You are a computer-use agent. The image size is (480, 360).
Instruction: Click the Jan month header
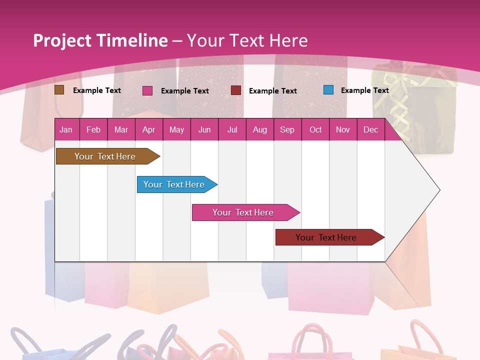click(x=66, y=129)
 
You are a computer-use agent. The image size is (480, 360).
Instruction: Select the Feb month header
click(x=93, y=129)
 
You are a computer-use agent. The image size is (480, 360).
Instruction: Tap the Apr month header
click(x=148, y=129)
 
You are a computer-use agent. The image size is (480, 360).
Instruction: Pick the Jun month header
click(x=204, y=129)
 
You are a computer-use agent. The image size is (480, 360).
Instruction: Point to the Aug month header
click(x=259, y=129)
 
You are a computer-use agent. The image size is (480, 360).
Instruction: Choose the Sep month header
click(x=287, y=129)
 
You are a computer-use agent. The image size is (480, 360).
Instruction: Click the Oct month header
click(x=315, y=129)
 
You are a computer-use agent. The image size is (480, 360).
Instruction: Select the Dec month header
click(x=370, y=129)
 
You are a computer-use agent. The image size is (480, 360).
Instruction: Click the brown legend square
click(x=59, y=90)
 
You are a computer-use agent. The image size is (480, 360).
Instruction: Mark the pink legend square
click(x=147, y=90)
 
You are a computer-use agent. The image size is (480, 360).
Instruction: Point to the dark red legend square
click(x=236, y=90)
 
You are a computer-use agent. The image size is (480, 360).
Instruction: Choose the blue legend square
click(x=328, y=90)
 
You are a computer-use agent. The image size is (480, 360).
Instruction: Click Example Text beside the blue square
click(x=364, y=90)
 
